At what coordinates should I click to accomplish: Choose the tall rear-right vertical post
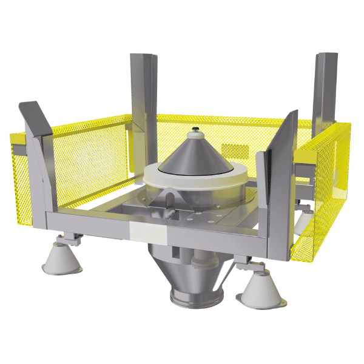point(325,85)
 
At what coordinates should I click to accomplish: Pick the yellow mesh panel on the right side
point(322,194)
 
